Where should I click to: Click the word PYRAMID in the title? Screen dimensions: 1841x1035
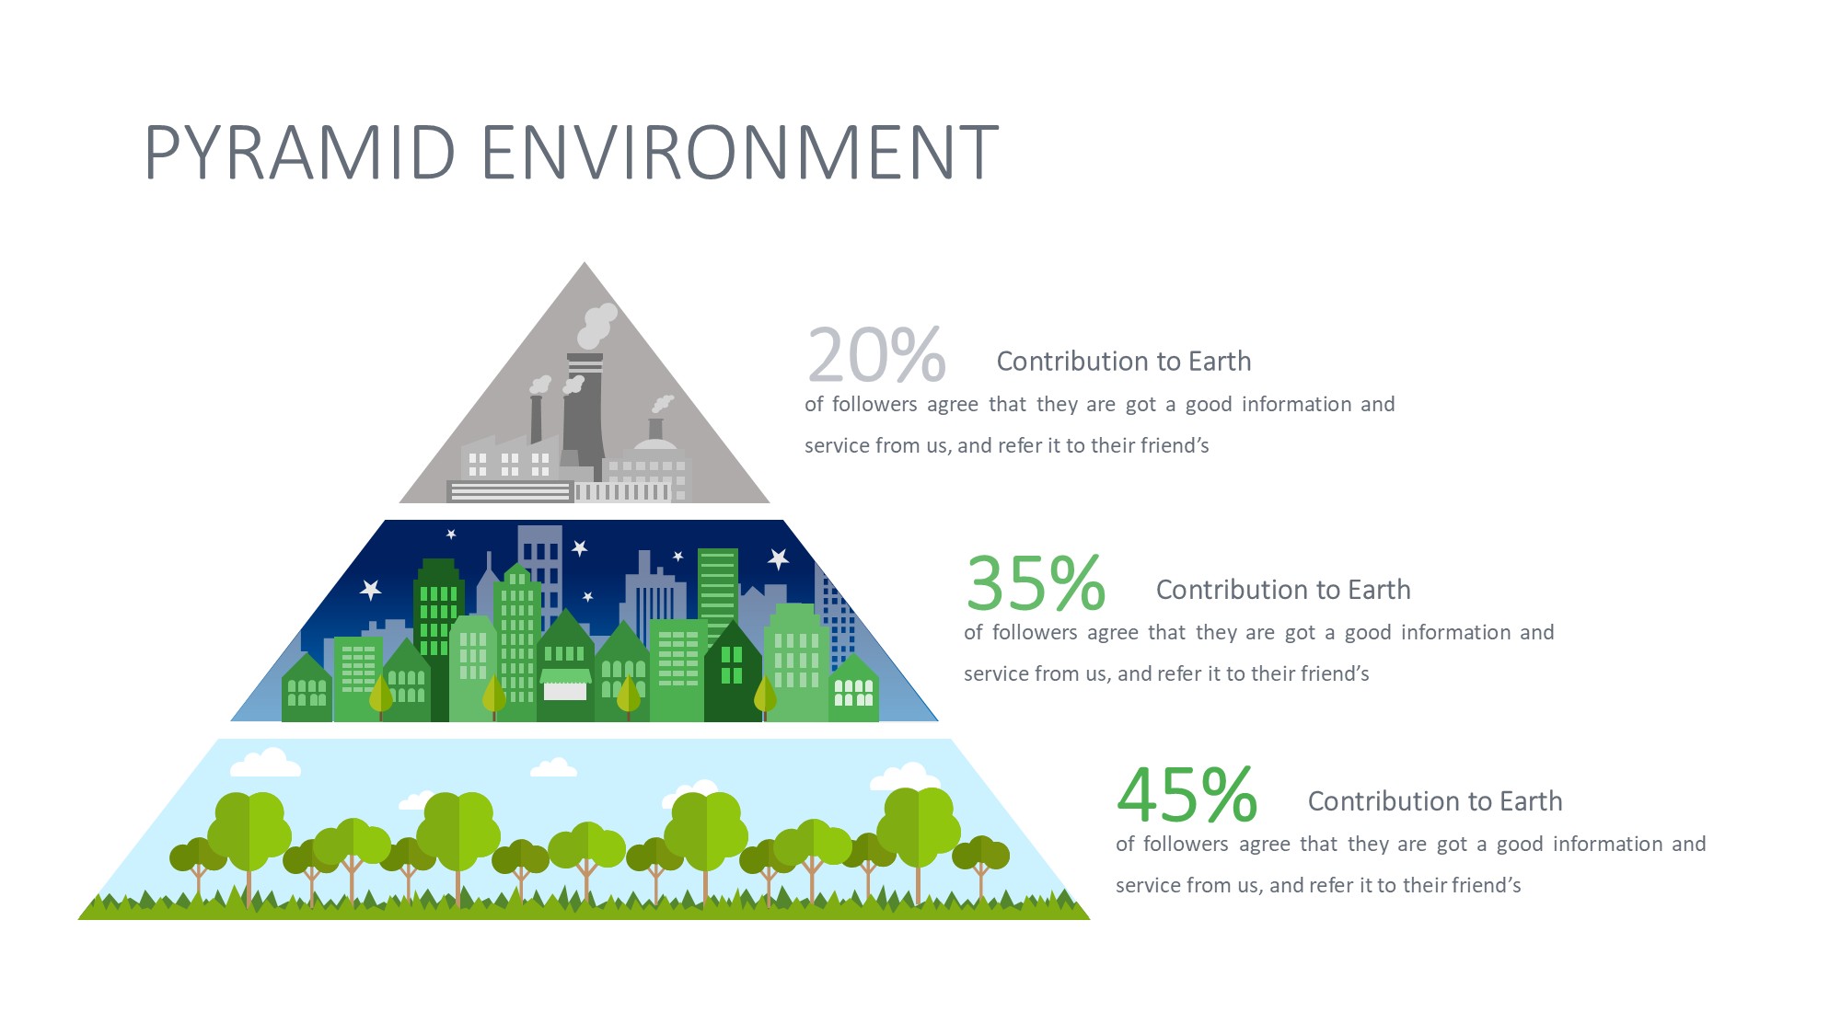[300, 152]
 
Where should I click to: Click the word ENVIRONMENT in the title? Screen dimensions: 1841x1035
[740, 152]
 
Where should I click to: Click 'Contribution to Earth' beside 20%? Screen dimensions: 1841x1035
[1124, 362]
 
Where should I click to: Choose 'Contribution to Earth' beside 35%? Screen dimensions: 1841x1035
[1283, 590]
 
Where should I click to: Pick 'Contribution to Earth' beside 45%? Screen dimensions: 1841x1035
[1435, 801]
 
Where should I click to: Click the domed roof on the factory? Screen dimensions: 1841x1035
[655, 444]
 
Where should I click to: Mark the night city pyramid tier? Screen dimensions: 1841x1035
[585, 621]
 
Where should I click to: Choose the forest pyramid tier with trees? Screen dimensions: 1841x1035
[585, 829]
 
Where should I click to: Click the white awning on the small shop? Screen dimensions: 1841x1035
[565, 676]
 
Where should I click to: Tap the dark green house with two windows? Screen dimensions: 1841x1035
[733, 672]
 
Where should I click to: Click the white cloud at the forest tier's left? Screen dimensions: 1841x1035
[265, 763]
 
